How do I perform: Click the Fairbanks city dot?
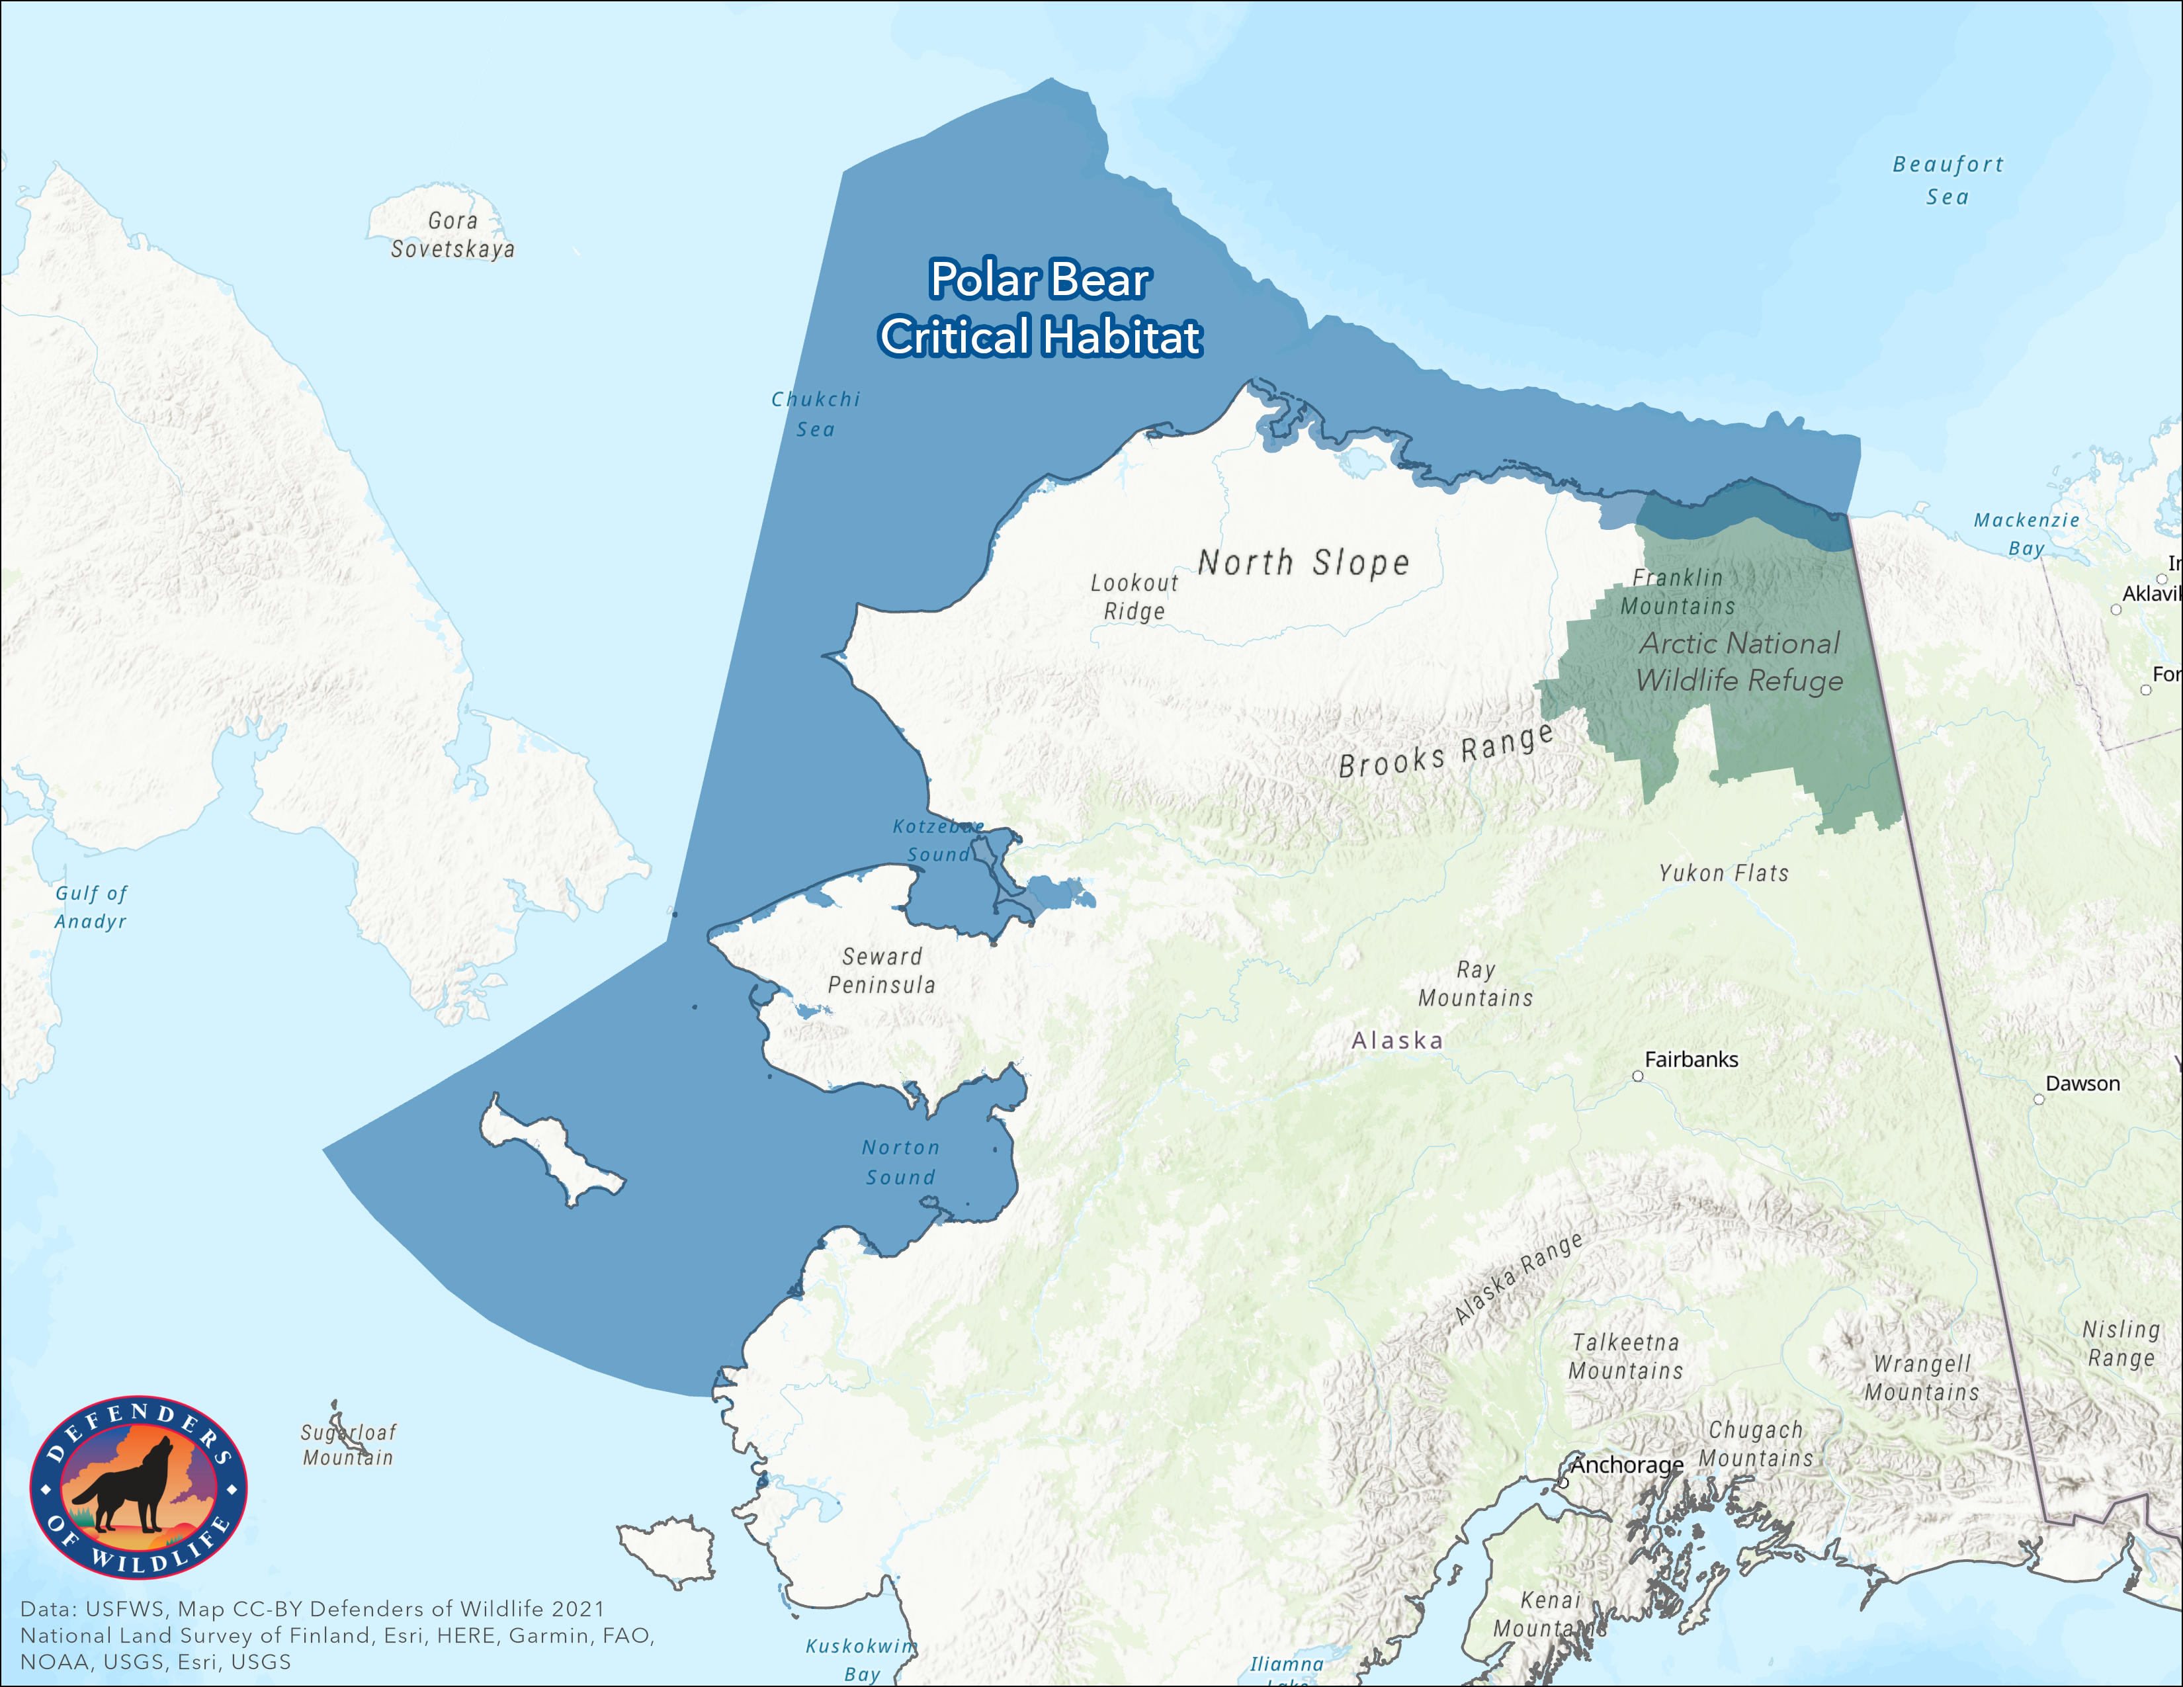pos(1637,1076)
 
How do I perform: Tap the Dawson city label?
pos(2082,1084)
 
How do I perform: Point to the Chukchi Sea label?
pos(816,413)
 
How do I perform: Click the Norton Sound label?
pos(900,1162)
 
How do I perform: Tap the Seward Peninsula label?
pos(882,971)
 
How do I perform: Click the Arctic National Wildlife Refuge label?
pos(1739,662)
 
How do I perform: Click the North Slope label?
pos(1303,563)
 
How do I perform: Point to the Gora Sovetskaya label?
pos(452,235)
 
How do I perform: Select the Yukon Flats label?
pos(1723,873)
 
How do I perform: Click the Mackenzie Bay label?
pos(2026,534)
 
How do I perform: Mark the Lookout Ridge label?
pos(1134,597)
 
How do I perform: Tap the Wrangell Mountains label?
pos(1921,1377)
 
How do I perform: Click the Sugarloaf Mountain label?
pos(349,1445)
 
